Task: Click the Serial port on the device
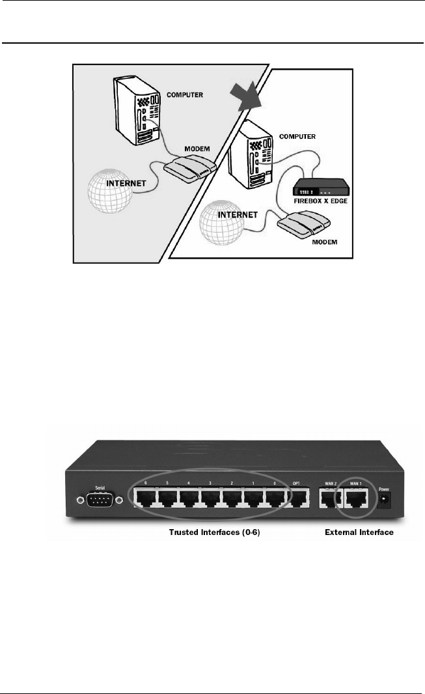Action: coord(100,500)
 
